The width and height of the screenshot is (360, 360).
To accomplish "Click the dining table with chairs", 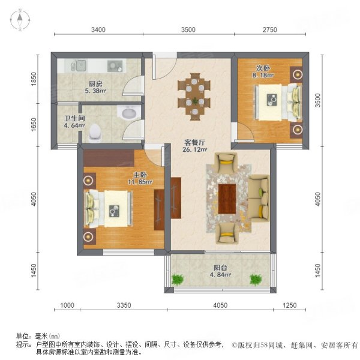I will pos(195,92).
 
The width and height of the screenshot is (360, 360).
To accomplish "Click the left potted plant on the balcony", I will pos(177,279).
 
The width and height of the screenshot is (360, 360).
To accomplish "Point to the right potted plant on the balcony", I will pos(256,279).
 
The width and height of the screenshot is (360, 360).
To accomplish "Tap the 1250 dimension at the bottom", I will pos(290,306).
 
